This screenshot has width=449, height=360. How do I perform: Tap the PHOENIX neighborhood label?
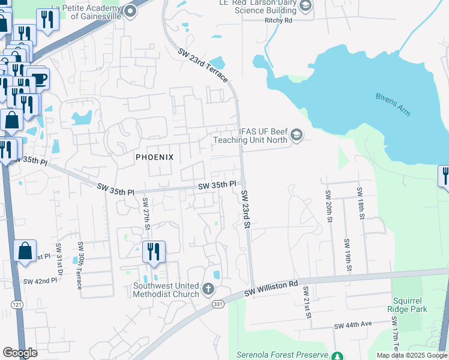click(154, 157)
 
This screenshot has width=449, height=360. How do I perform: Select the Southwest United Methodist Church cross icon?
click(208, 290)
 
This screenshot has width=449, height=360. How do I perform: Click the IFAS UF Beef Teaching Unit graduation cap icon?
click(296, 136)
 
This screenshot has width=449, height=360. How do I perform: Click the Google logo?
click(20, 353)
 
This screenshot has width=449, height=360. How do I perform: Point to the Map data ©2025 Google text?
click(411, 355)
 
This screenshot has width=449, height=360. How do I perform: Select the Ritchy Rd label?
click(278, 20)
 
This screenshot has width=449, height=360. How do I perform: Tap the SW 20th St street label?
click(328, 206)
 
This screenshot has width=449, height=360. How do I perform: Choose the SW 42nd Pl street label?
click(40, 281)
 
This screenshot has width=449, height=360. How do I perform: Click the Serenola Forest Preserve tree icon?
click(337, 356)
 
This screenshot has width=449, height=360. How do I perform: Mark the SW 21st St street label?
click(307, 302)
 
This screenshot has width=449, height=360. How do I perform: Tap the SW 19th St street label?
click(346, 254)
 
